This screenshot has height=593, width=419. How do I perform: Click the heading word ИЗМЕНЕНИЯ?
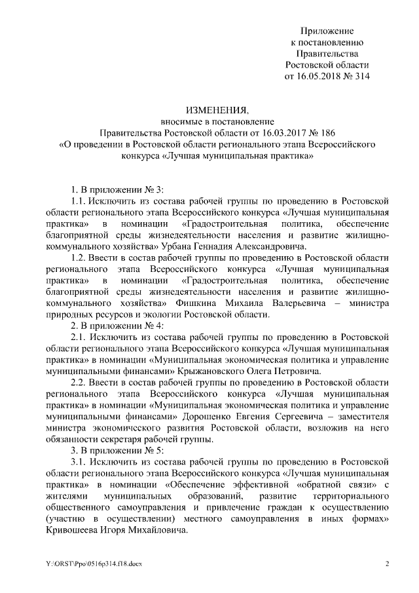[209, 109]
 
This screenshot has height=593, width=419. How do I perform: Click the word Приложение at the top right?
[327, 31]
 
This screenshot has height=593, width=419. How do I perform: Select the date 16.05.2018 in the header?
[324, 76]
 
